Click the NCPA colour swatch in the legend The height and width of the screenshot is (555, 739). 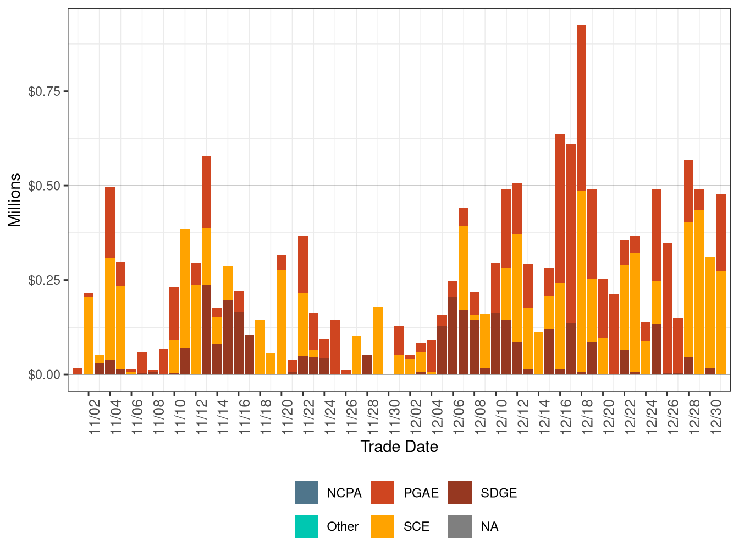click(306, 493)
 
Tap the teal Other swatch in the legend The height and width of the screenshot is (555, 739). click(306, 526)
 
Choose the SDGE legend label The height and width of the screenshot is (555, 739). click(498, 493)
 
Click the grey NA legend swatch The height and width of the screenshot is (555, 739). click(460, 526)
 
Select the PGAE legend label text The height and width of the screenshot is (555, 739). click(421, 493)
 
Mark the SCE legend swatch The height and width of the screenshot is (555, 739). click(383, 526)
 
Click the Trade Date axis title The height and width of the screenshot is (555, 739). click(399, 447)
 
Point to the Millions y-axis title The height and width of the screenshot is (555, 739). click(15, 200)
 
